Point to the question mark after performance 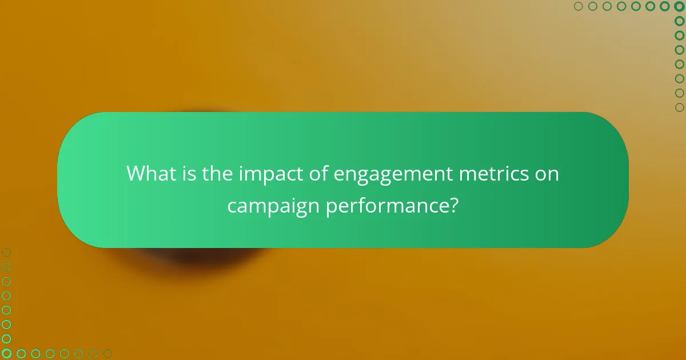(453, 205)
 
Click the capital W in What (135, 173)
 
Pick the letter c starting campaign (232, 206)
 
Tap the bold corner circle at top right (679, 6)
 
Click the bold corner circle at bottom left (6, 354)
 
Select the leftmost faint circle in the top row (578, 6)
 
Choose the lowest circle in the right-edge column (679, 107)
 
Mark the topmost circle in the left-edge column (6, 253)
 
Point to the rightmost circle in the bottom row (107, 354)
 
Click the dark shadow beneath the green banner (189, 257)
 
